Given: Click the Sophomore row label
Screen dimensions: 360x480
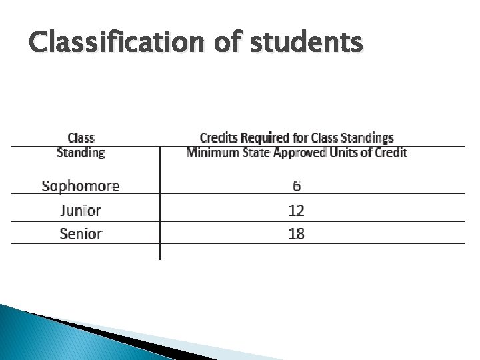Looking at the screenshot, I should tap(81, 186).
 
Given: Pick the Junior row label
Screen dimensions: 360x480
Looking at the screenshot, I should tap(81, 211).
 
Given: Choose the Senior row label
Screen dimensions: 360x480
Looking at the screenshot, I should tap(81, 234).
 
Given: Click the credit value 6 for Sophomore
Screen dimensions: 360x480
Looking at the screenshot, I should tap(296, 186).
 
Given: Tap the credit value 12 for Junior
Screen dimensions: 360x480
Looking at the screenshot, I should tap(296, 211).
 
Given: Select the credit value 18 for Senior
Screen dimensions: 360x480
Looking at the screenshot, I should tap(296, 234).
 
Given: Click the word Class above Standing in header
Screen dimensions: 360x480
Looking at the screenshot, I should tap(81, 139).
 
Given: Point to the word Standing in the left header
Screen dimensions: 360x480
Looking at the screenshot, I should tap(81, 153).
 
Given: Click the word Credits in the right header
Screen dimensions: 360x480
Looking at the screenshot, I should tap(219, 139).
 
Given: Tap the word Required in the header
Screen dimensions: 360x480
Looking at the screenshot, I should tap(266, 139).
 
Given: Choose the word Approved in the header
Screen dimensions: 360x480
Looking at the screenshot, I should tap(296, 153).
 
